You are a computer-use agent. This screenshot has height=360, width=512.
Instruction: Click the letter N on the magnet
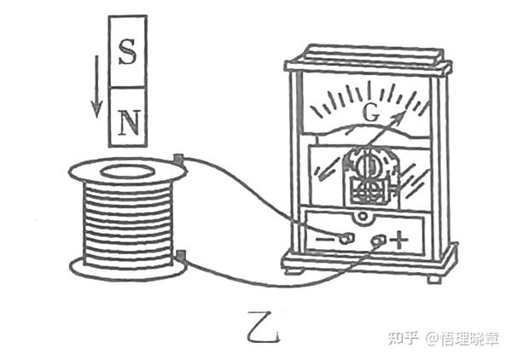(x=128, y=122)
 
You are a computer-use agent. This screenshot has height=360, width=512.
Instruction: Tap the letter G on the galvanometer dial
(x=369, y=112)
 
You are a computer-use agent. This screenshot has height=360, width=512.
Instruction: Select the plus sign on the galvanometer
(x=399, y=240)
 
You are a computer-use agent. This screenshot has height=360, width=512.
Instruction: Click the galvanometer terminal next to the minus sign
(x=346, y=237)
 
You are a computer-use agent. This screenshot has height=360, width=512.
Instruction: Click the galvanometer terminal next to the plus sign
(x=378, y=241)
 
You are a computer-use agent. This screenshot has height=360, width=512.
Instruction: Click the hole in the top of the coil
(x=126, y=171)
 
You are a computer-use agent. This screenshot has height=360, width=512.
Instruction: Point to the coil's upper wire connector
(x=178, y=158)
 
